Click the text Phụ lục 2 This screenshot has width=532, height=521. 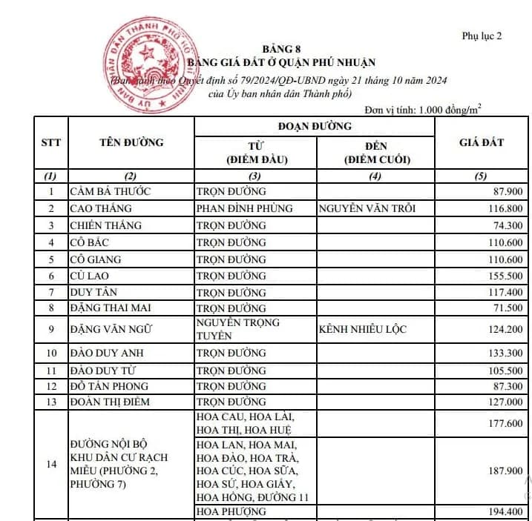(x=482, y=36)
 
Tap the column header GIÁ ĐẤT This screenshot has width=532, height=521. (x=482, y=142)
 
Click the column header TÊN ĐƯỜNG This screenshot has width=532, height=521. (x=131, y=142)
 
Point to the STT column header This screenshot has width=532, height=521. (x=50, y=142)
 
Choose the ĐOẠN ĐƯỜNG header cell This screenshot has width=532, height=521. (x=315, y=126)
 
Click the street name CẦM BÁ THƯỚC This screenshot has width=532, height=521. (x=110, y=191)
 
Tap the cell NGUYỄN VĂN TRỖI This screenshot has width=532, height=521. (x=367, y=208)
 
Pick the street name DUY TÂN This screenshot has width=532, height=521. (x=94, y=293)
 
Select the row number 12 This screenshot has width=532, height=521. (x=50, y=386)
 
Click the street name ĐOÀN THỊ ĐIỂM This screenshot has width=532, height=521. (x=110, y=402)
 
